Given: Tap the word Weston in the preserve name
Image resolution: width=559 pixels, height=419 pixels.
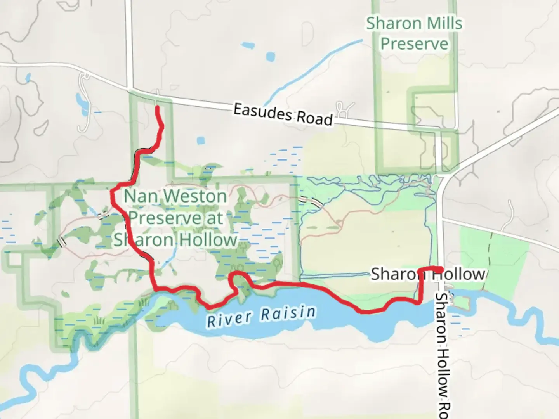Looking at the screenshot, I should click(x=194, y=196).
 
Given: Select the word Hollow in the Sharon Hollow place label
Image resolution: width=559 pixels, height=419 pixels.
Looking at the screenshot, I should click(x=458, y=274).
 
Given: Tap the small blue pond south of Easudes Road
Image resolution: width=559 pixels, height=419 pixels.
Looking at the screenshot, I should click(x=200, y=140).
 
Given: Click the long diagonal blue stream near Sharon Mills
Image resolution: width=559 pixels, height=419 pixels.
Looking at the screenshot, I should click(x=311, y=70).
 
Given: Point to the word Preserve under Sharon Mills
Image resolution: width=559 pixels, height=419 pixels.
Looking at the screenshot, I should click(x=414, y=43).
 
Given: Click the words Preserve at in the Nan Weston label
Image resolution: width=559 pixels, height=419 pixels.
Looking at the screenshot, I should click(x=175, y=218).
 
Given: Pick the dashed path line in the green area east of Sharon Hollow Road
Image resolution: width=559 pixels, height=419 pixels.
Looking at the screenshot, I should click(x=487, y=260).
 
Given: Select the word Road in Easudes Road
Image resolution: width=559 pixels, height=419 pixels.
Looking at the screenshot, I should click(x=314, y=118).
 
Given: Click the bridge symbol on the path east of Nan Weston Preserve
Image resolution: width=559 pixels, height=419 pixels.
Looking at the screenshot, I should click(x=312, y=201).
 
